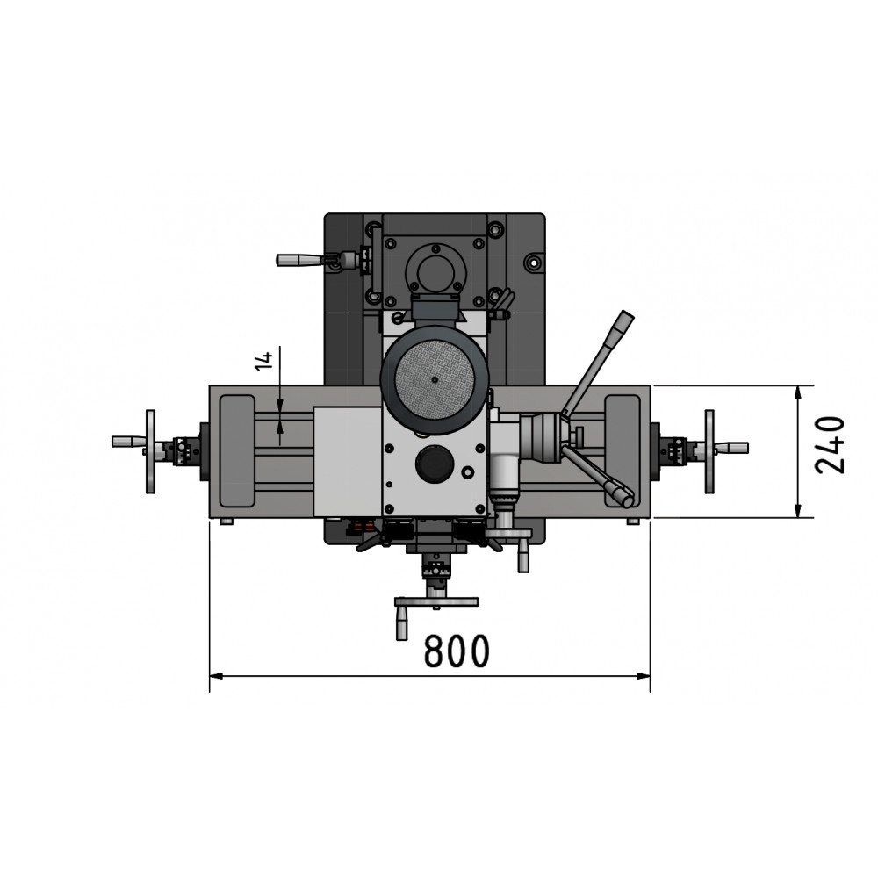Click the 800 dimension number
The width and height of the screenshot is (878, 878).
(457, 651)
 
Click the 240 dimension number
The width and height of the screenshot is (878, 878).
(830, 445)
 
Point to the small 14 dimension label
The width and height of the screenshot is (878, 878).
(263, 360)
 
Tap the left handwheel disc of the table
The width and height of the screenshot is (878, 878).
(150, 451)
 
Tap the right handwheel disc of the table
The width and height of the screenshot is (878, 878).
(709, 451)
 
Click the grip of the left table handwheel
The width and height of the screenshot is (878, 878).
(127, 442)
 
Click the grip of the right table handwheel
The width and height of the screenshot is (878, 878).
(731, 448)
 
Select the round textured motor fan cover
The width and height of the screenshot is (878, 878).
(435, 379)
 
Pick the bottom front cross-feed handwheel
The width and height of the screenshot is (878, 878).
(436, 602)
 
